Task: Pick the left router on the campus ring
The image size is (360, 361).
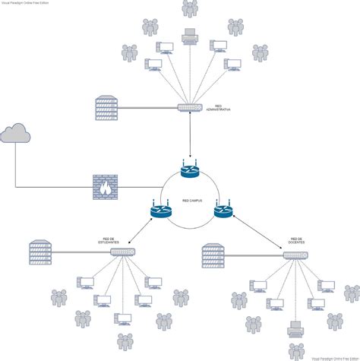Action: click(161, 211)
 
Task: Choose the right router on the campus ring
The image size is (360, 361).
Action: click(221, 211)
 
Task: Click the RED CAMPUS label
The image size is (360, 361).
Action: click(191, 201)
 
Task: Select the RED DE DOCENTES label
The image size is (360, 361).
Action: click(296, 241)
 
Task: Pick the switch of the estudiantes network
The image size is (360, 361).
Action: click(122, 252)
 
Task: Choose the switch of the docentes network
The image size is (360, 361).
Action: click(295, 255)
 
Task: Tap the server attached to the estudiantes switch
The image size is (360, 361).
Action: click(40, 251)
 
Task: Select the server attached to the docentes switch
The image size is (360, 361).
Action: click(215, 255)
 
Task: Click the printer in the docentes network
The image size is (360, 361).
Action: click(297, 329)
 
